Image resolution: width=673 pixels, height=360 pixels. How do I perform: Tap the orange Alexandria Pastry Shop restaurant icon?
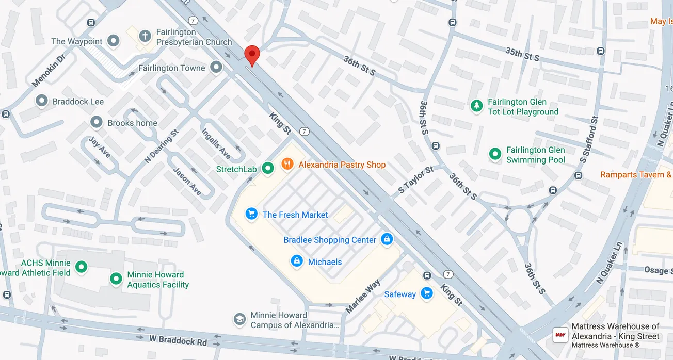[287, 165]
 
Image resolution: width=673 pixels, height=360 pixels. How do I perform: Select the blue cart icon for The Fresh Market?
[251, 214]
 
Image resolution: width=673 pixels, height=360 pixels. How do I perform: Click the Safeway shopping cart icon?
[426, 293]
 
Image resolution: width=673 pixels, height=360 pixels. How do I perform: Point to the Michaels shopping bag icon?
[297, 261]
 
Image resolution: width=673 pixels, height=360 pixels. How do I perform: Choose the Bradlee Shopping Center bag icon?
[387, 239]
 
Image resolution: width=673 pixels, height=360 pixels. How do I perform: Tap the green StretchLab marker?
[267, 168]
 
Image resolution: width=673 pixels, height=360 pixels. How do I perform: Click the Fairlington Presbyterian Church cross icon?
[145, 36]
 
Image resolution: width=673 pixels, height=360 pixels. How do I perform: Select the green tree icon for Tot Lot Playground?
[476, 106]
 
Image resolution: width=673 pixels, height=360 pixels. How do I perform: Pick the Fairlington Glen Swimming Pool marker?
[495, 154]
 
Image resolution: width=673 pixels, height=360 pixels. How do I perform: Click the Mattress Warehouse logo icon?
[560, 335]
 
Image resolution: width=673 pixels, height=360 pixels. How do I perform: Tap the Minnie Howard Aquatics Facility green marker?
[116, 279]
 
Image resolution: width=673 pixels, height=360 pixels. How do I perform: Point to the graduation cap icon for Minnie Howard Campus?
[239, 320]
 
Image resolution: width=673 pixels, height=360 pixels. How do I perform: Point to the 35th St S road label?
[522, 54]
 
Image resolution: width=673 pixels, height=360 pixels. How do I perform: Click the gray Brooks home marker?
[97, 123]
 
